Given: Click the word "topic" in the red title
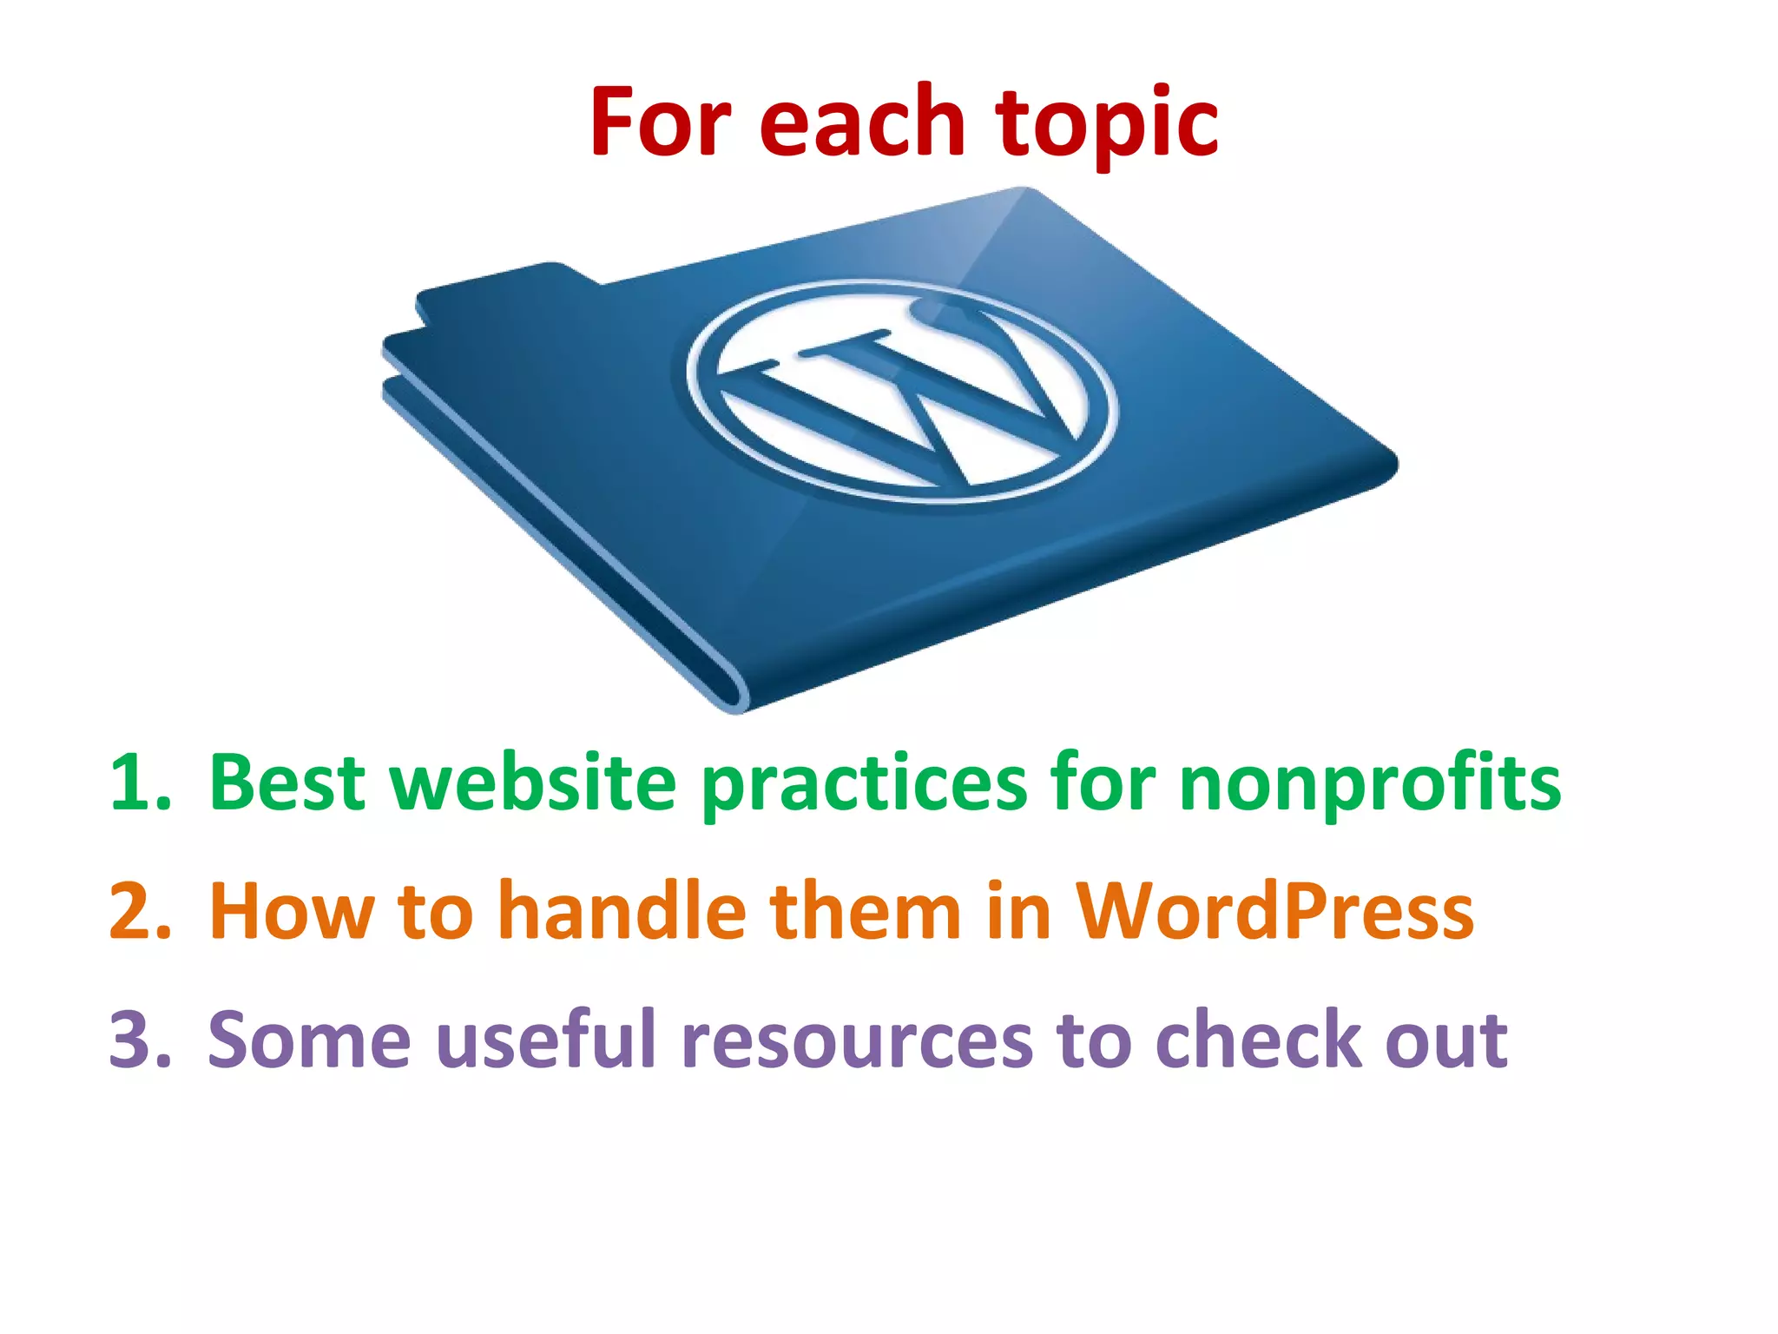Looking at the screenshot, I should [1107, 123].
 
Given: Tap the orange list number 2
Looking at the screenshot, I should [139, 911].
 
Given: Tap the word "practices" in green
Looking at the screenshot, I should [864, 786].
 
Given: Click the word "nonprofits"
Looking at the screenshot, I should [1369, 786].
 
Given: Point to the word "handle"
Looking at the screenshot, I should [622, 911].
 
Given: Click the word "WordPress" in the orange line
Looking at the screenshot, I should [1274, 911].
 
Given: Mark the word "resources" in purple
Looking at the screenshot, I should [857, 1040].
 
